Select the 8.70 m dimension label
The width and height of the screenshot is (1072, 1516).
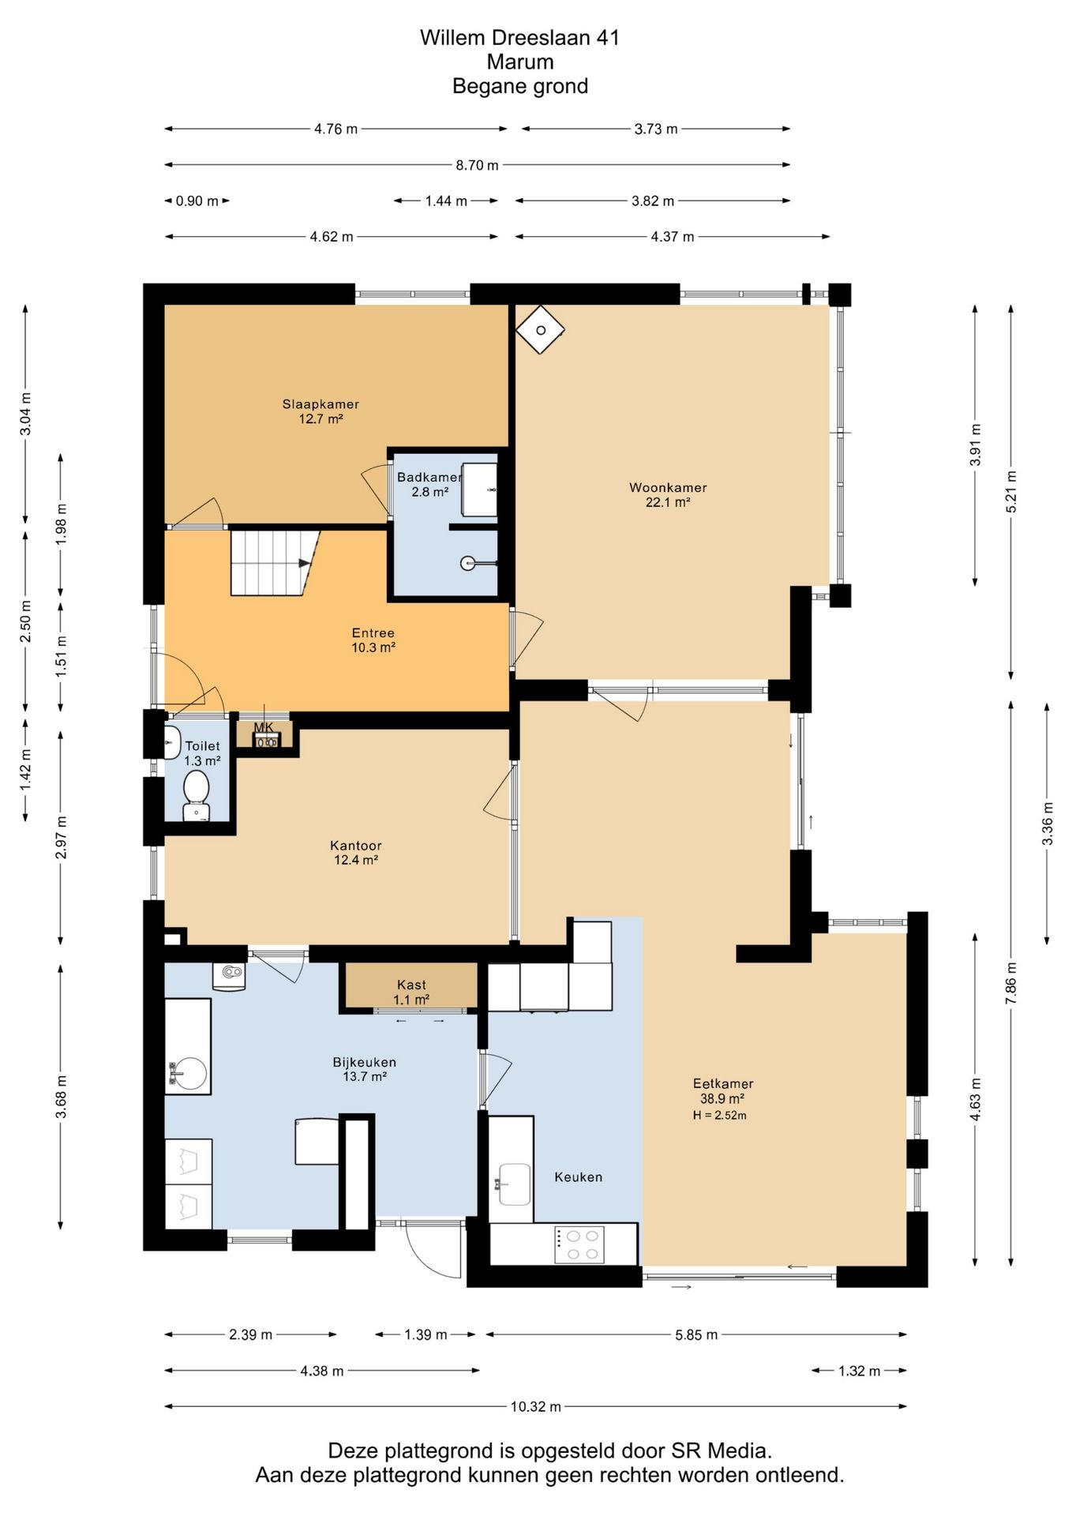[477, 165]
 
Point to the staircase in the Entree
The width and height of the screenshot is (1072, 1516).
[275, 563]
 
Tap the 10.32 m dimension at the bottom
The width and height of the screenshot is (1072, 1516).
[536, 1406]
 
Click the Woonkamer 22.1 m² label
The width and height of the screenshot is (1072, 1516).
[668, 494]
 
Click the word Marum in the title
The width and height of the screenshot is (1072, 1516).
[520, 62]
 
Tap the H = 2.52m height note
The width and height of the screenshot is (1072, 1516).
[720, 1116]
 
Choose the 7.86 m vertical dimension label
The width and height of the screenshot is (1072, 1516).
[1011, 983]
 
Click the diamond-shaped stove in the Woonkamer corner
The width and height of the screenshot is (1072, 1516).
[541, 330]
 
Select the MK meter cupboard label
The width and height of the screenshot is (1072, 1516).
[264, 727]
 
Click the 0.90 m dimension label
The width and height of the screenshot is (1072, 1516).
[197, 201]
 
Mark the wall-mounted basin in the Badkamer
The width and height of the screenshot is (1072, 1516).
[468, 564]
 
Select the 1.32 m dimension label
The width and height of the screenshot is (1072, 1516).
[860, 1371]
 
